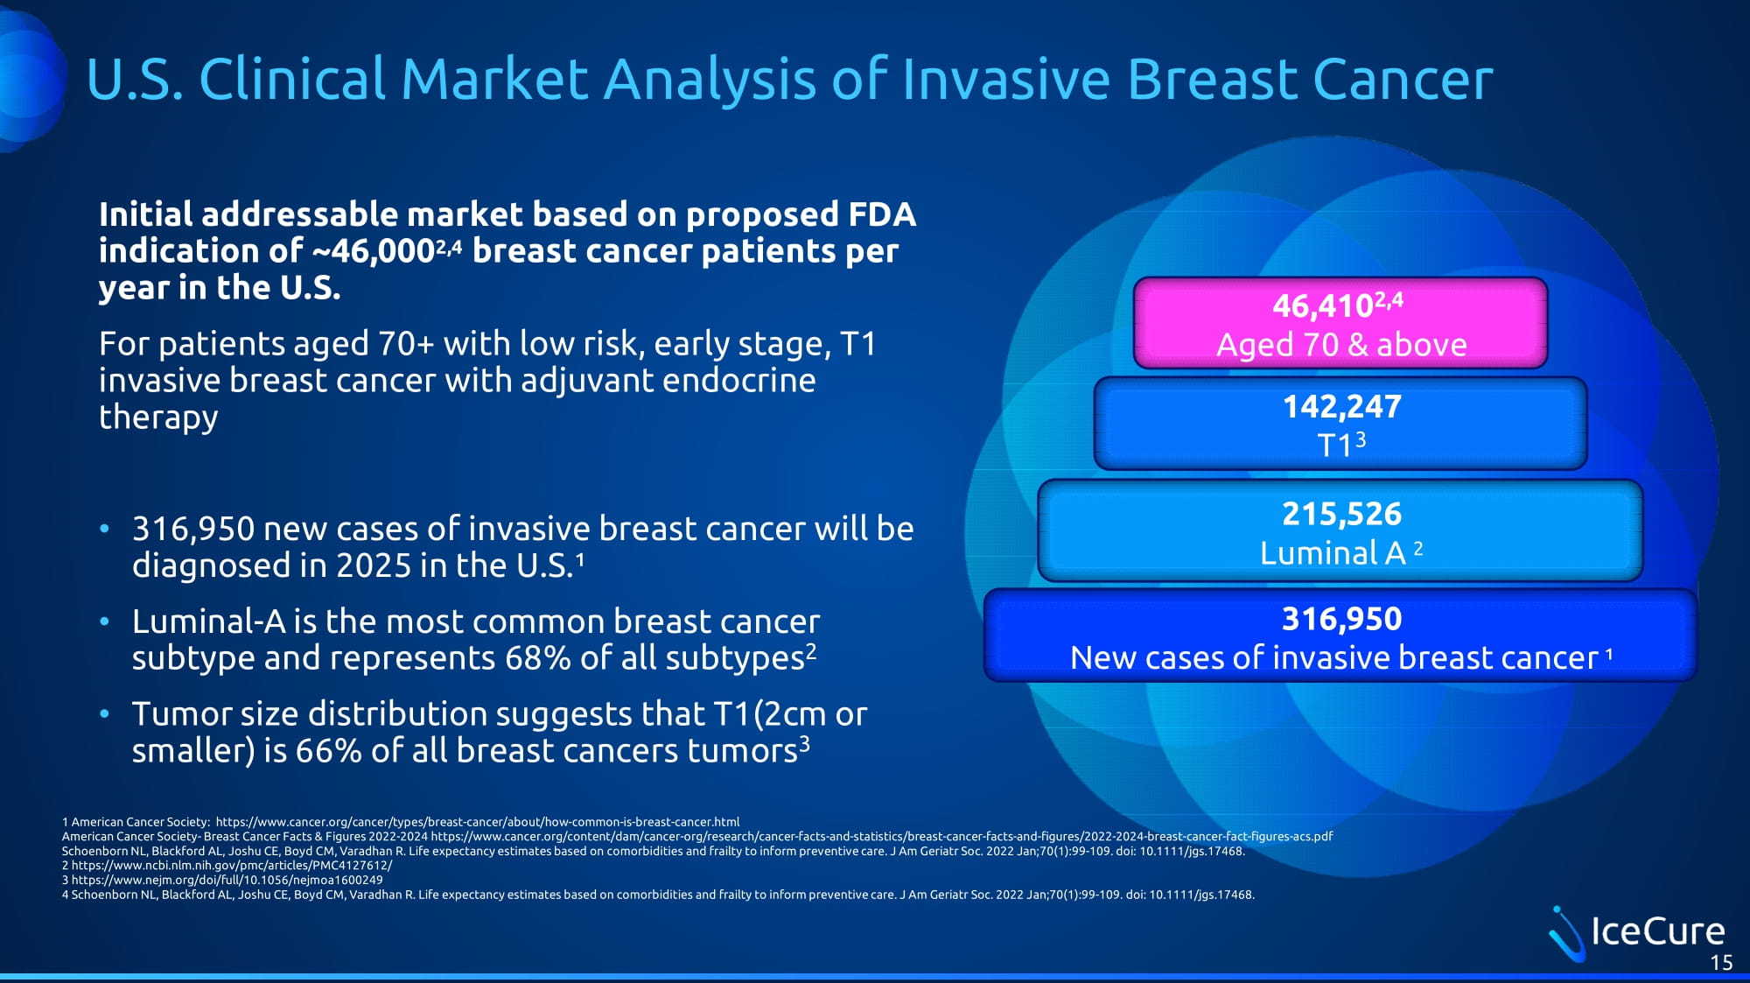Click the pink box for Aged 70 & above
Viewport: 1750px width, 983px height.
[1340, 323]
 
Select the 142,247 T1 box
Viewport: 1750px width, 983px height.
[1340, 424]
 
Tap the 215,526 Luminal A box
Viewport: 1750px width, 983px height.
[1340, 530]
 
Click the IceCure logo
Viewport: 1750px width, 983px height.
[1636, 931]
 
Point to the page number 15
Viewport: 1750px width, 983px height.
[1721, 963]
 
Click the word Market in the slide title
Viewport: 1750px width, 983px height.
[494, 79]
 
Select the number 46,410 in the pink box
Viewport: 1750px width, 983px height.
[1322, 306]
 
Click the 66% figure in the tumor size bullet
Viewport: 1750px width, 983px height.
[328, 751]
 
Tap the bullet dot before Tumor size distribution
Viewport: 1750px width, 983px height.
[105, 714]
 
